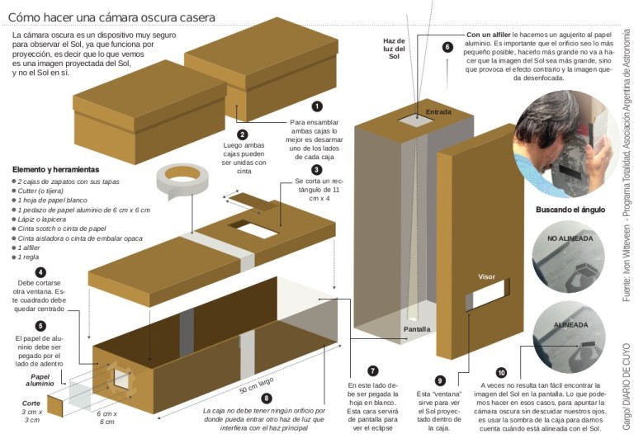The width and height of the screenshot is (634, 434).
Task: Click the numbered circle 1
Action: click(x=317, y=106)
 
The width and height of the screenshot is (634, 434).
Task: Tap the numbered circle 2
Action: click(x=243, y=134)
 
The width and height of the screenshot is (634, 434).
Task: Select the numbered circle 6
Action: click(x=447, y=47)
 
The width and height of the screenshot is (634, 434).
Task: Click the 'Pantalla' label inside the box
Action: click(x=417, y=328)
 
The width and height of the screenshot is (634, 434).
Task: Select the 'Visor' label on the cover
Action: click(x=487, y=277)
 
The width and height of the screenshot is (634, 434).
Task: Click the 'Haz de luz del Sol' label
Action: click(x=394, y=49)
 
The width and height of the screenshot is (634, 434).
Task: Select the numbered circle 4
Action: click(x=40, y=272)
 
